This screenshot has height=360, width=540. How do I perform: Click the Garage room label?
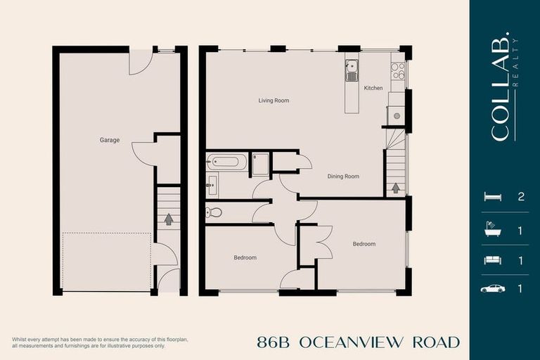pos(110,140)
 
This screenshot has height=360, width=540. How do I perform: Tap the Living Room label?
pos(274,101)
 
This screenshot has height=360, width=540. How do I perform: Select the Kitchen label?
pos(373,88)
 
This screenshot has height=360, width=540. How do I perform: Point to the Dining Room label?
pos(343,176)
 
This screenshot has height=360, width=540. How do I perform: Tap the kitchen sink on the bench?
pos(352,69)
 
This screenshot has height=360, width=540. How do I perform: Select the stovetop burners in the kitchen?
pos(397,70)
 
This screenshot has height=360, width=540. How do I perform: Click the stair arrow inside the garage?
pos(169,219)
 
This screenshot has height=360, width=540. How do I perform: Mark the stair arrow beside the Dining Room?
pos(396,187)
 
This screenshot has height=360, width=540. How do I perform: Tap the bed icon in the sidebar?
pos(493,197)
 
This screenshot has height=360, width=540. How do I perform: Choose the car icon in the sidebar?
pos(493,288)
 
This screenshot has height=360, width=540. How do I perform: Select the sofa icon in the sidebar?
pos(493,260)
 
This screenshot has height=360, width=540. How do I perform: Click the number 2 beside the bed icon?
pos(521,197)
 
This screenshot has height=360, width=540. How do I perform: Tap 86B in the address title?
pos(274,342)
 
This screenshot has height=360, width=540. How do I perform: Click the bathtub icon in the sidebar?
pos(493,229)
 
